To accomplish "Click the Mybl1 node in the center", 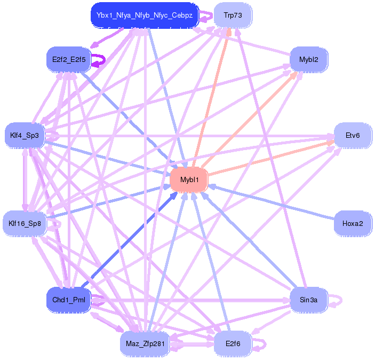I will [x=189, y=179].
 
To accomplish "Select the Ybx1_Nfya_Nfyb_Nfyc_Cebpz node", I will [x=144, y=15].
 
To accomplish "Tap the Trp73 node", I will [x=232, y=15].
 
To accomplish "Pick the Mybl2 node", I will [x=308, y=59].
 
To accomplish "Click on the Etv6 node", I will [x=352, y=135].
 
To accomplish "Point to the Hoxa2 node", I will [x=352, y=223].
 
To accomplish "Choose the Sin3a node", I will [x=308, y=300].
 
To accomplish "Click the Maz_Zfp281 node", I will [x=144, y=343].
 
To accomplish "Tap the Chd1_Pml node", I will [x=68, y=300].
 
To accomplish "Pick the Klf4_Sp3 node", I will [x=25, y=135].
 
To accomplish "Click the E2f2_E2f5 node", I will [x=68, y=59].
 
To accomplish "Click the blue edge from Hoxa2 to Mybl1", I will [x=272, y=202].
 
